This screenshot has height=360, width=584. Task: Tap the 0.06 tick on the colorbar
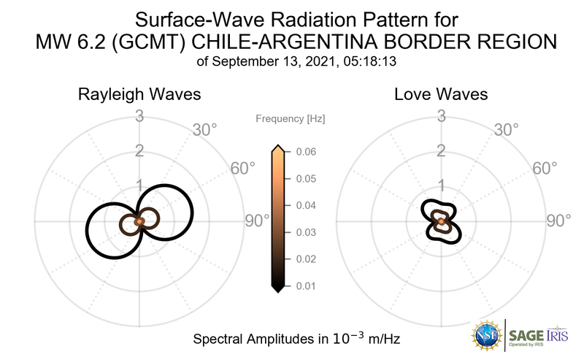coord(306,152)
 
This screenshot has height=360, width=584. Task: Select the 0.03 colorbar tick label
coord(306,232)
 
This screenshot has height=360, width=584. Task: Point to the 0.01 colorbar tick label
coord(306,286)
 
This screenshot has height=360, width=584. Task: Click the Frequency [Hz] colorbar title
coord(291,118)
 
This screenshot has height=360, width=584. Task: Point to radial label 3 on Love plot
coord(441,115)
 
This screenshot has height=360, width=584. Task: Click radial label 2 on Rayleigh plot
coord(140,151)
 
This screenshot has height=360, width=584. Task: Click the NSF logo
coord(486,336)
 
